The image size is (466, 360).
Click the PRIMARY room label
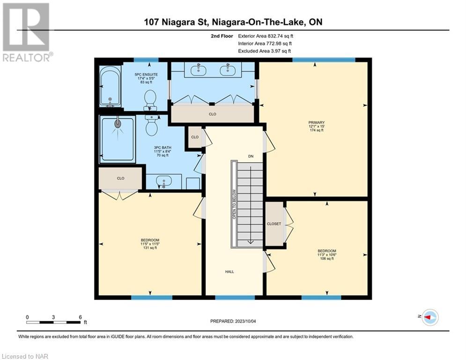tap(316, 123)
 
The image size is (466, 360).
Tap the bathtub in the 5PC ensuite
tap(110, 86)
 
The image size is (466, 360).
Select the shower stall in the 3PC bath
tap(118, 139)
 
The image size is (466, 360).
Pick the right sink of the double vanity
tap(228, 70)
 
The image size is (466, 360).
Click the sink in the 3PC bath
tap(163, 182)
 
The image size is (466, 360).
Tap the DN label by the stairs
tap(251, 156)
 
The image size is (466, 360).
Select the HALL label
tap(229, 271)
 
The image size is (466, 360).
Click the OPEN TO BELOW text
tap(234, 204)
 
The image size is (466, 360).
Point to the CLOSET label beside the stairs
tap(274, 224)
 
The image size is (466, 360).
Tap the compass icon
tap(430, 317)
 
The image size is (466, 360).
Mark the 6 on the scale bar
tap(80, 317)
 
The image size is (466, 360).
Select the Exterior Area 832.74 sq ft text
tap(266, 36)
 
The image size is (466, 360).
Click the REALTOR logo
tap(26, 32)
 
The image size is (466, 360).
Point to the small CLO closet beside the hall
tap(195, 137)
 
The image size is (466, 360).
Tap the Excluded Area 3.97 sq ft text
tap(265, 51)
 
